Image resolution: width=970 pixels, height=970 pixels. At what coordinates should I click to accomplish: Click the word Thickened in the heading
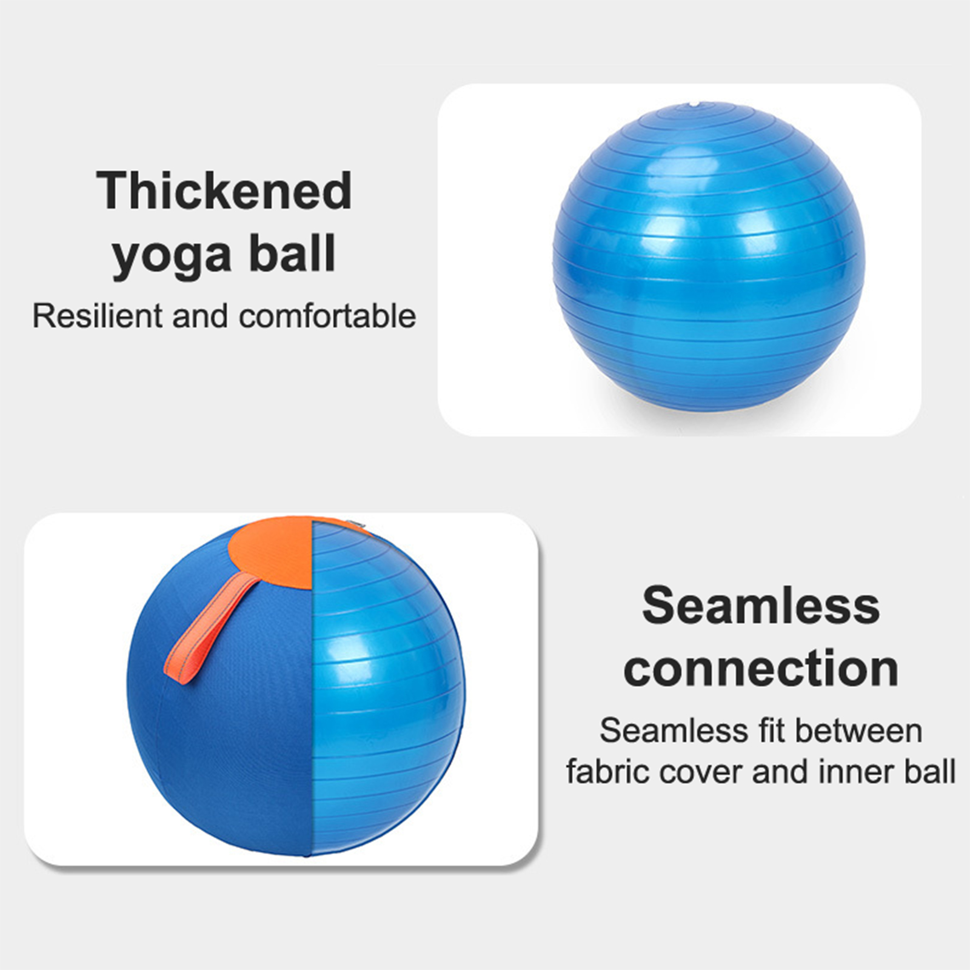click(224, 190)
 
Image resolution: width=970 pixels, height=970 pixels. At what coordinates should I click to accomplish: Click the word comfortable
click(327, 316)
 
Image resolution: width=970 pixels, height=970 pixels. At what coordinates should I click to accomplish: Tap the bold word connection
click(761, 668)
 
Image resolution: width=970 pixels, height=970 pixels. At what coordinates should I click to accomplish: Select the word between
click(859, 730)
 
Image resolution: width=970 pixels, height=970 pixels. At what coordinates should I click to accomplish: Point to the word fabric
click(607, 772)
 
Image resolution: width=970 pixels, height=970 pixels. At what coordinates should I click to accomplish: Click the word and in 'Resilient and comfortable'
click(201, 316)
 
